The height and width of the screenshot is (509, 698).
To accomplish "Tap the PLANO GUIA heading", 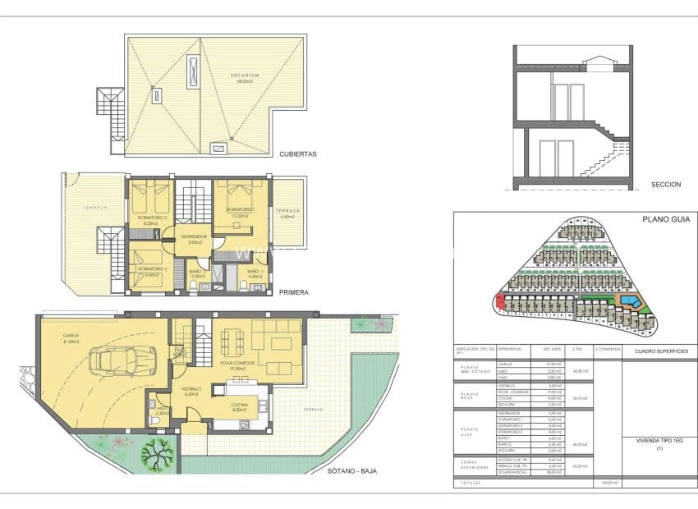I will click(x=662, y=220).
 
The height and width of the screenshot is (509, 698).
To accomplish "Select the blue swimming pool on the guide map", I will click(x=630, y=305).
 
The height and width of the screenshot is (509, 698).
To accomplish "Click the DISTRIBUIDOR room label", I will click(x=195, y=236).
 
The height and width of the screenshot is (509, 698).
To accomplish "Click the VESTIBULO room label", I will click(x=191, y=389).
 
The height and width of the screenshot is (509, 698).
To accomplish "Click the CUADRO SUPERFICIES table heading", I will click(x=660, y=351).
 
